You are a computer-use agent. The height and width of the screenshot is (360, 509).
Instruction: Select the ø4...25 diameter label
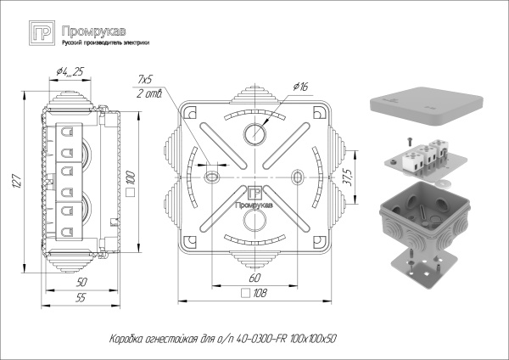(x=70, y=71)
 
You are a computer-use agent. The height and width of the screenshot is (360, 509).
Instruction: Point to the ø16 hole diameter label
(x=299, y=87)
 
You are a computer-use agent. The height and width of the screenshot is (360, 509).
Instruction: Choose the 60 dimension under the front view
(x=254, y=277)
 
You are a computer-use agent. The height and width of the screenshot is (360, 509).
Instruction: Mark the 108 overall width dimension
(x=260, y=293)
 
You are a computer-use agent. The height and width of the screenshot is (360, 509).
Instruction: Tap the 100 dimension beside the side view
(x=131, y=179)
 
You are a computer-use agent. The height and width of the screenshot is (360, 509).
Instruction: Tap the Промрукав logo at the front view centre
(x=252, y=200)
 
